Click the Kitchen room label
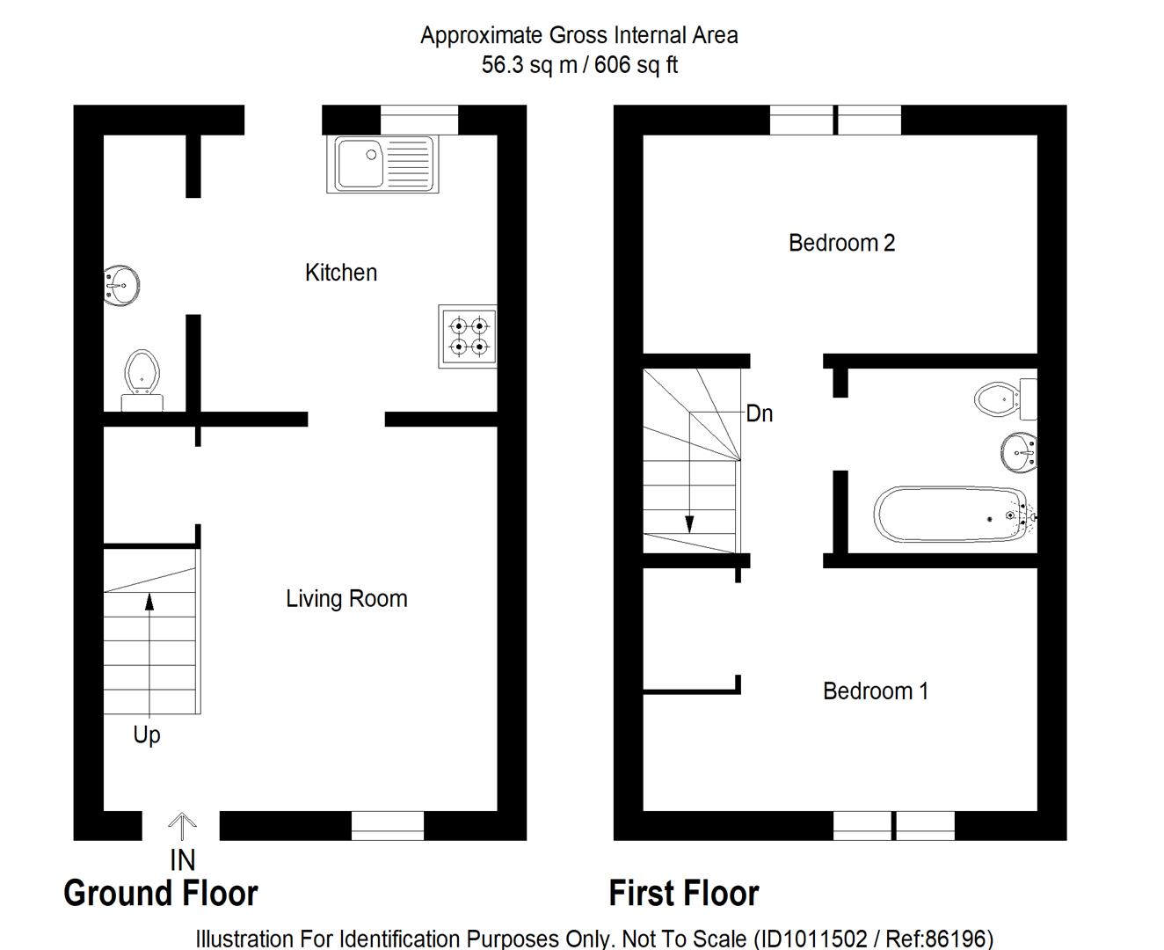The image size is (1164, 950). (341, 273)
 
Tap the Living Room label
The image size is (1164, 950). (346, 599)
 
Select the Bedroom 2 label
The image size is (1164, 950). (841, 243)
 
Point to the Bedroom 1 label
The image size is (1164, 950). (876, 691)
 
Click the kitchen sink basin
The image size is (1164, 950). (360, 163)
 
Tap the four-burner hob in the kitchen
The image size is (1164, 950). (468, 336)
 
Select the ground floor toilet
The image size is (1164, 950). (142, 381)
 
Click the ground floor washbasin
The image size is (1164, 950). (121, 286)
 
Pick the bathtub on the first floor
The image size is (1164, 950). (955, 515)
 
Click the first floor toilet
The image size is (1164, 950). (1006, 398)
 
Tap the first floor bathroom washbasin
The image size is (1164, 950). (1019, 453)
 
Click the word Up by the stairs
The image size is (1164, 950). (147, 735)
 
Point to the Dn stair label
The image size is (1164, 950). (760, 413)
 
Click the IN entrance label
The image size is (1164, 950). (183, 860)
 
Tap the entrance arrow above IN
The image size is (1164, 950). (182, 826)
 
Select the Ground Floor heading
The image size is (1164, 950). (161, 893)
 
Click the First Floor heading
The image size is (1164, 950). (684, 893)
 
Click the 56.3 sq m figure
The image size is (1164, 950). (529, 64)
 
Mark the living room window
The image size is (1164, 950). (388, 826)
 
